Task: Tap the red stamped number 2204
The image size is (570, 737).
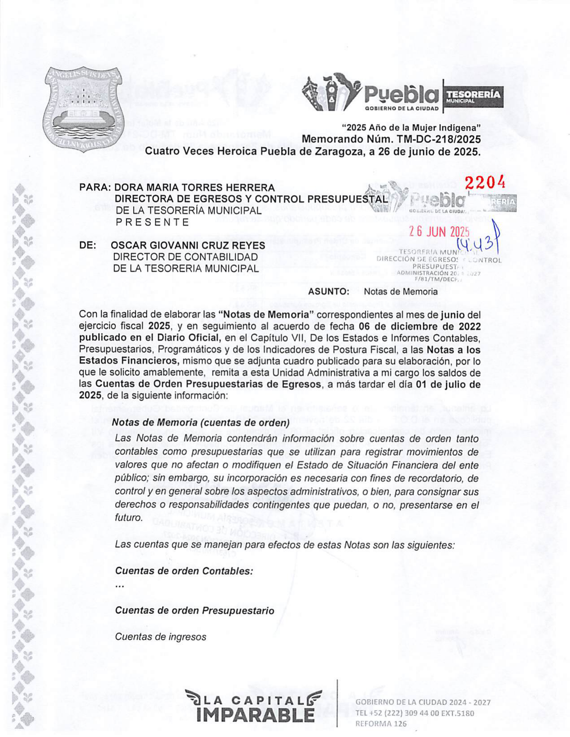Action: point(485,182)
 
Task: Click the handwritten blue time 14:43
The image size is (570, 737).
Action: point(476,244)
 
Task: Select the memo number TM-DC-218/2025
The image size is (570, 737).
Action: point(439,139)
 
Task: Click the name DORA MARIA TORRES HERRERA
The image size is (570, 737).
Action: point(194,187)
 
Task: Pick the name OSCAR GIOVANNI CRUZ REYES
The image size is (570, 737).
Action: point(188,245)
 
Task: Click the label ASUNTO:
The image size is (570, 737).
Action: point(328,291)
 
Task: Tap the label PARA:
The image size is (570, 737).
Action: point(95,187)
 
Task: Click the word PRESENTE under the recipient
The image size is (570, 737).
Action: point(152,222)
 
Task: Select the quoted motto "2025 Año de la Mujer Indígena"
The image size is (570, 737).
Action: point(411,128)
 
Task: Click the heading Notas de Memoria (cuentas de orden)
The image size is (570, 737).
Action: point(200,422)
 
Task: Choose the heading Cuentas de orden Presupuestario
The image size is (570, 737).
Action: point(194,611)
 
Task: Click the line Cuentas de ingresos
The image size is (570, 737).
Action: point(160,637)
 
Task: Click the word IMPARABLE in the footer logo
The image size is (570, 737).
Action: point(255,715)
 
